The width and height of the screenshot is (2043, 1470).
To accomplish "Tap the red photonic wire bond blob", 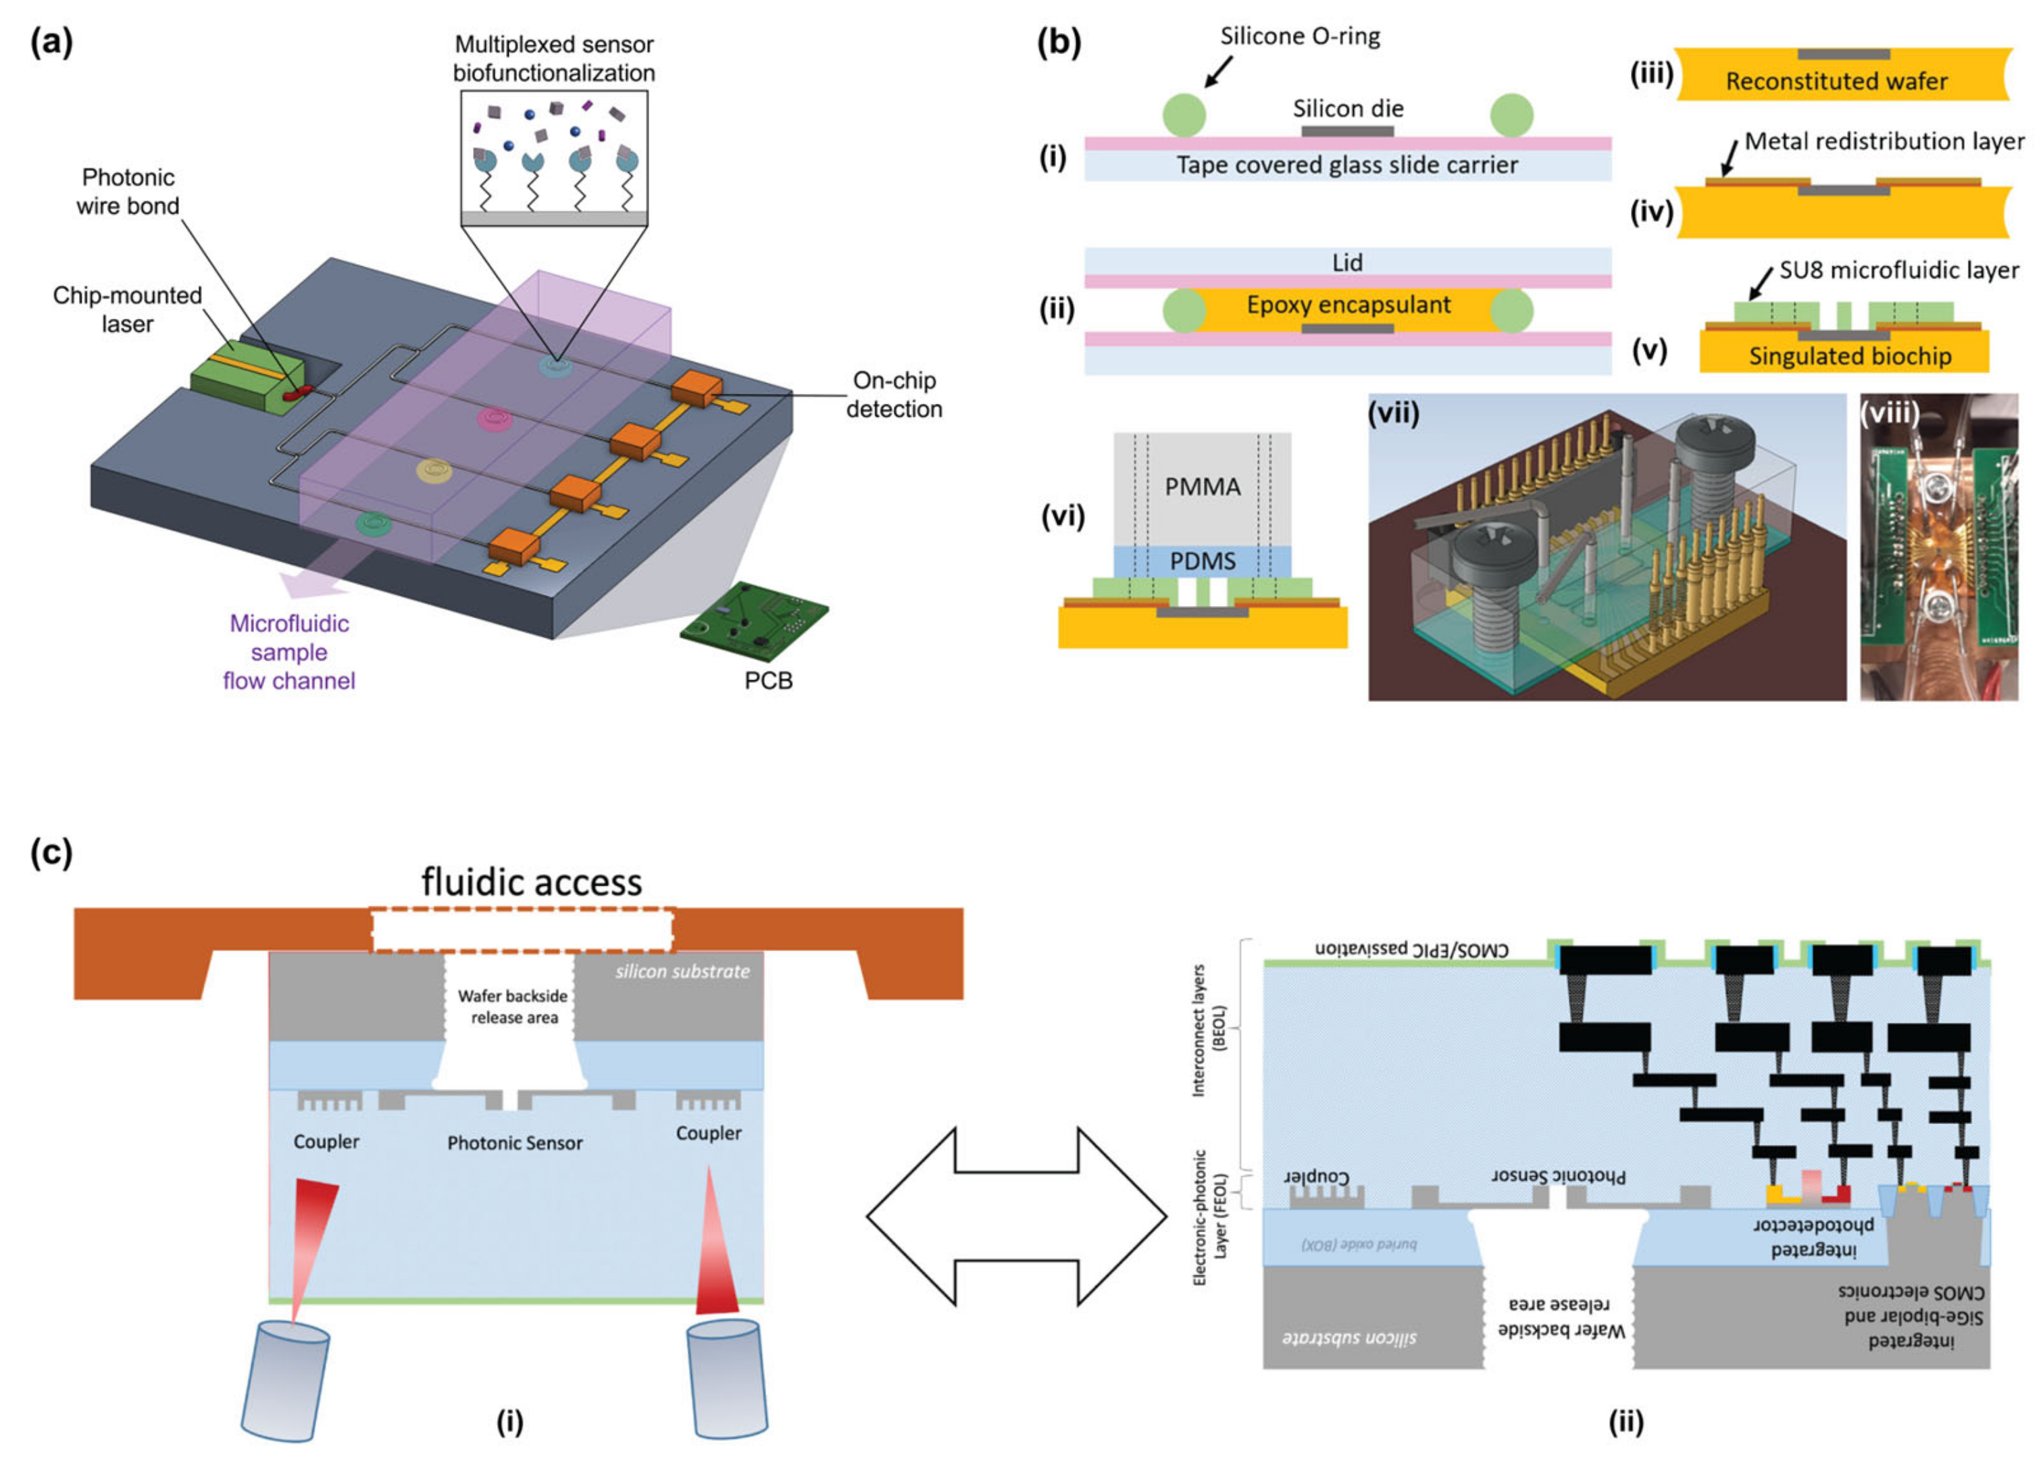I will (x=297, y=392).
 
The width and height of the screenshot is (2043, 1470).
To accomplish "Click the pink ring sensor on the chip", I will (x=495, y=418).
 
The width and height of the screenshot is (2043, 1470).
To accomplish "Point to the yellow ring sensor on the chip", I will (x=434, y=470).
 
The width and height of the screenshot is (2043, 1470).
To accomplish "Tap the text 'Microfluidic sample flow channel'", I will (x=288, y=652).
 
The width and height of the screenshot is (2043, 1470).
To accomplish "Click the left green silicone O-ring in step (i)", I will (x=1184, y=116).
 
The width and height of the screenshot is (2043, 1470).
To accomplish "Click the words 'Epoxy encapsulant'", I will (x=1348, y=305).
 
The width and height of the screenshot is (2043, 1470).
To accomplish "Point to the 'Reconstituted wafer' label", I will (x=1836, y=82).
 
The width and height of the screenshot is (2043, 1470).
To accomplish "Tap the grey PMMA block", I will (x=1202, y=487).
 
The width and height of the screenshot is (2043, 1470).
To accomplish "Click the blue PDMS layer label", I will (x=1202, y=561).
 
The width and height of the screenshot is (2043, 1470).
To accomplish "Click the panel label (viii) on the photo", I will (x=1890, y=413).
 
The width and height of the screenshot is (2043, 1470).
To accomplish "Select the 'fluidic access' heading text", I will (x=532, y=882).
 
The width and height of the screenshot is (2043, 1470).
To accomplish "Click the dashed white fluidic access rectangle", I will (x=522, y=930).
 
